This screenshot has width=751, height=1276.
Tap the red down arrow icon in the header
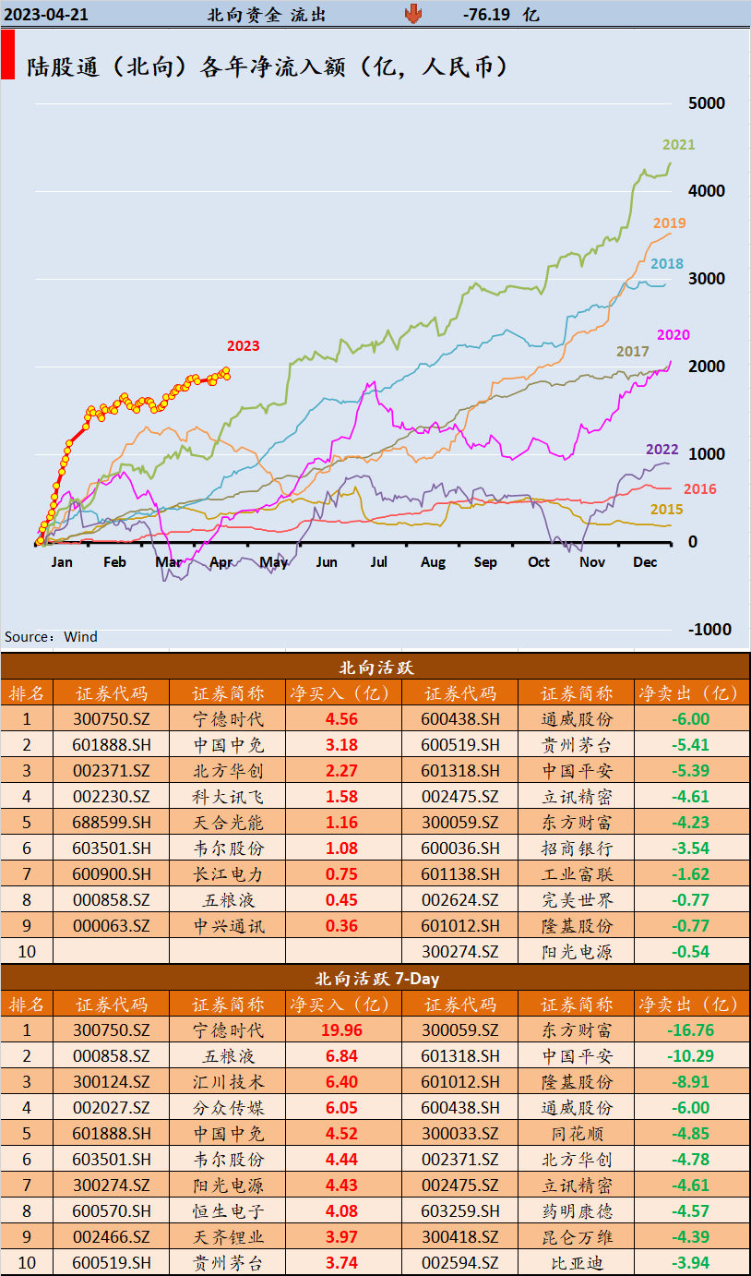[412, 13]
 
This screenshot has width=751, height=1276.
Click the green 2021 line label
[678, 144]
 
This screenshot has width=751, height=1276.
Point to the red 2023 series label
[243, 346]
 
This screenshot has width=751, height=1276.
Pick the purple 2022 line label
[662, 450]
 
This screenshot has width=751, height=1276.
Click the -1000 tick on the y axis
[709, 629]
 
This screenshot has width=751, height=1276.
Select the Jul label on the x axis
[379, 561]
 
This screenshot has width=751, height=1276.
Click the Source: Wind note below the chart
[51, 636]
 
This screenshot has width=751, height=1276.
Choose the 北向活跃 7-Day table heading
[376, 978]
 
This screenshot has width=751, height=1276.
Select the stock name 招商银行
[577, 848]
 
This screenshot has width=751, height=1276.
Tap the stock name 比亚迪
[577, 1262]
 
